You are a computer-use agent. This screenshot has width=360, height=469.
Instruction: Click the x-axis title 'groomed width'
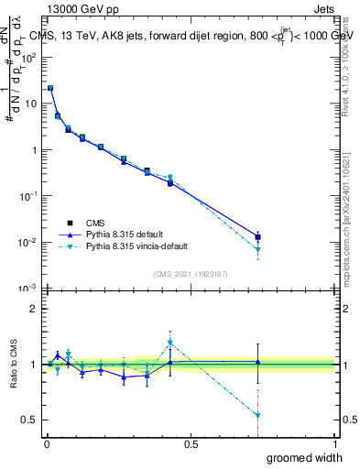(304, 457)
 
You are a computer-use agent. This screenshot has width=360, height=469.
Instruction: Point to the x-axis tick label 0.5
(191, 444)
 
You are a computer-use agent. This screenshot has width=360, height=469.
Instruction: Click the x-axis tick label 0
(46, 444)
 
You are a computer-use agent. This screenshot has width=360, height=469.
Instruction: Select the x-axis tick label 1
(334, 444)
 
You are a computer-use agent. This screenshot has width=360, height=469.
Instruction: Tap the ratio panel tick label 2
(34, 309)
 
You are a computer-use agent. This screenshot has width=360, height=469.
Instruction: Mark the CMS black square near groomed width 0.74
(258, 237)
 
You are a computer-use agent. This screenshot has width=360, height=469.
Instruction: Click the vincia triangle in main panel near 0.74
(258, 250)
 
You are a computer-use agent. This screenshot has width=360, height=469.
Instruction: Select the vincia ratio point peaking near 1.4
(170, 343)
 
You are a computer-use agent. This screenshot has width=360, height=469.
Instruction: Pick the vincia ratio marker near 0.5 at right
(258, 416)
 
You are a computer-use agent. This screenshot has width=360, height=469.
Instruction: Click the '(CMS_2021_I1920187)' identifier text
(190, 274)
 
